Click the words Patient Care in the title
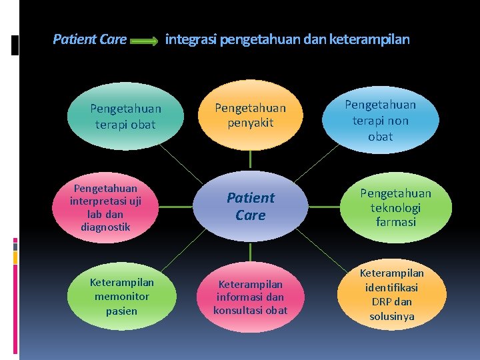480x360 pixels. tap(89, 39)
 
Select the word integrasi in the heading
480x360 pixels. tap(191, 39)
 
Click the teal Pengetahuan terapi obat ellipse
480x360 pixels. tap(125, 116)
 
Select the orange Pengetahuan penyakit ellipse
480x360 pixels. tap(250, 115)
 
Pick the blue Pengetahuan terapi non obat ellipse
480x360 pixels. tap(380, 121)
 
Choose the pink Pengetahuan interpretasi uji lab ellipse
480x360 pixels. tap(107, 208)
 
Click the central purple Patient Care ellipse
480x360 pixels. tap(250, 206)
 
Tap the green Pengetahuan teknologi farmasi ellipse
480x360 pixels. tap(395, 207)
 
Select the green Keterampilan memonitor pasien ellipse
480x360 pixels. tap(121, 297)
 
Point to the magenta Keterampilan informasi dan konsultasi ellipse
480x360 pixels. tap(250, 297)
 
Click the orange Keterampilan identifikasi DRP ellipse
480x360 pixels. tap(392, 295)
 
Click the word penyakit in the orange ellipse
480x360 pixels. tap(250, 123)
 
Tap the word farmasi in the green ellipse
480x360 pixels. tap(395, 221)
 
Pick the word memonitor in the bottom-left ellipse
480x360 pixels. tap(121, 297)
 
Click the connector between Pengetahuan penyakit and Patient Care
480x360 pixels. tap(250, 159)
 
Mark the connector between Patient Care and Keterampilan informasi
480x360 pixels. tap(250, 252)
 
